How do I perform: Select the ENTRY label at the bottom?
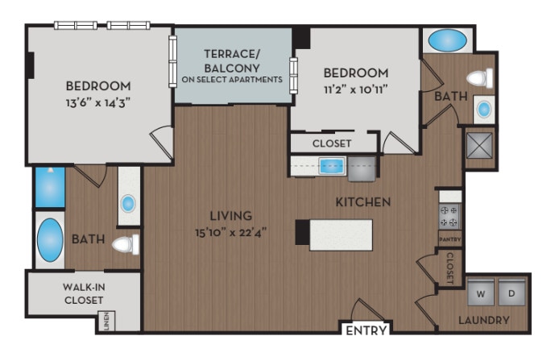[367, 330]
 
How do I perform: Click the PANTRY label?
[449, 239]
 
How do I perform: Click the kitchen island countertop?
[341, 234]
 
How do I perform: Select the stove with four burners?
[449, 215]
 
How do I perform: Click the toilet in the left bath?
[125, 244]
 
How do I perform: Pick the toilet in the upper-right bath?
[480, 78]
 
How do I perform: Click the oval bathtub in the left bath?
[50, 241]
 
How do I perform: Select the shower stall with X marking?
[481, 146]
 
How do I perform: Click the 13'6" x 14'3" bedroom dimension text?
[97, 102]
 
